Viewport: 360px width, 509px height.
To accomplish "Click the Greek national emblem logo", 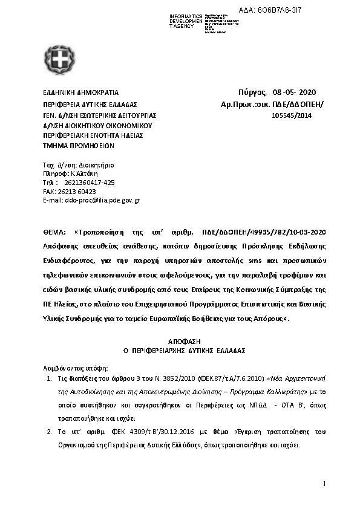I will pos(59,60).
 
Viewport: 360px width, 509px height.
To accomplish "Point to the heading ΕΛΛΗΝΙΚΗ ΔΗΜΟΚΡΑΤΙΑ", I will pos(80,92).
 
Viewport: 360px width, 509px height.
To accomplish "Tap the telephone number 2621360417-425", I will pos(88,182).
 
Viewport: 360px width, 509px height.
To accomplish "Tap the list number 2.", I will pos(49,432).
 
